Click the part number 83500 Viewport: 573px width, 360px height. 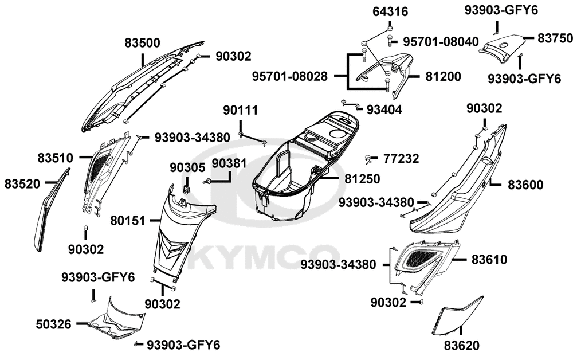[x=143, y=42]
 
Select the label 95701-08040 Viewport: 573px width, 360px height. [x=441, y=42]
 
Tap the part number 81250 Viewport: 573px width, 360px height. [x=362, y=179]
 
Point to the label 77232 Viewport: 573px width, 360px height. [x=401, y=158]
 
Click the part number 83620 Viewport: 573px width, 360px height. [x=461, y=346]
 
